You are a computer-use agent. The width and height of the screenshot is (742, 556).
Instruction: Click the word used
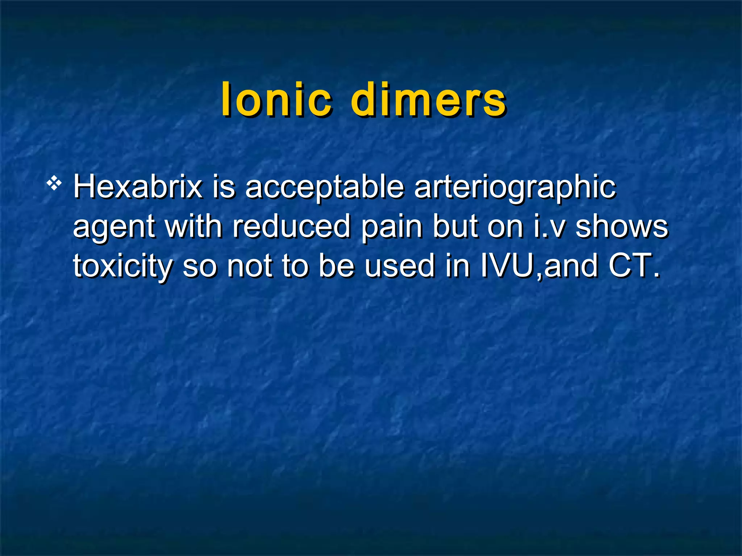399,266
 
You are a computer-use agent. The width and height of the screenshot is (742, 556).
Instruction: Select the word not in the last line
249,266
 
